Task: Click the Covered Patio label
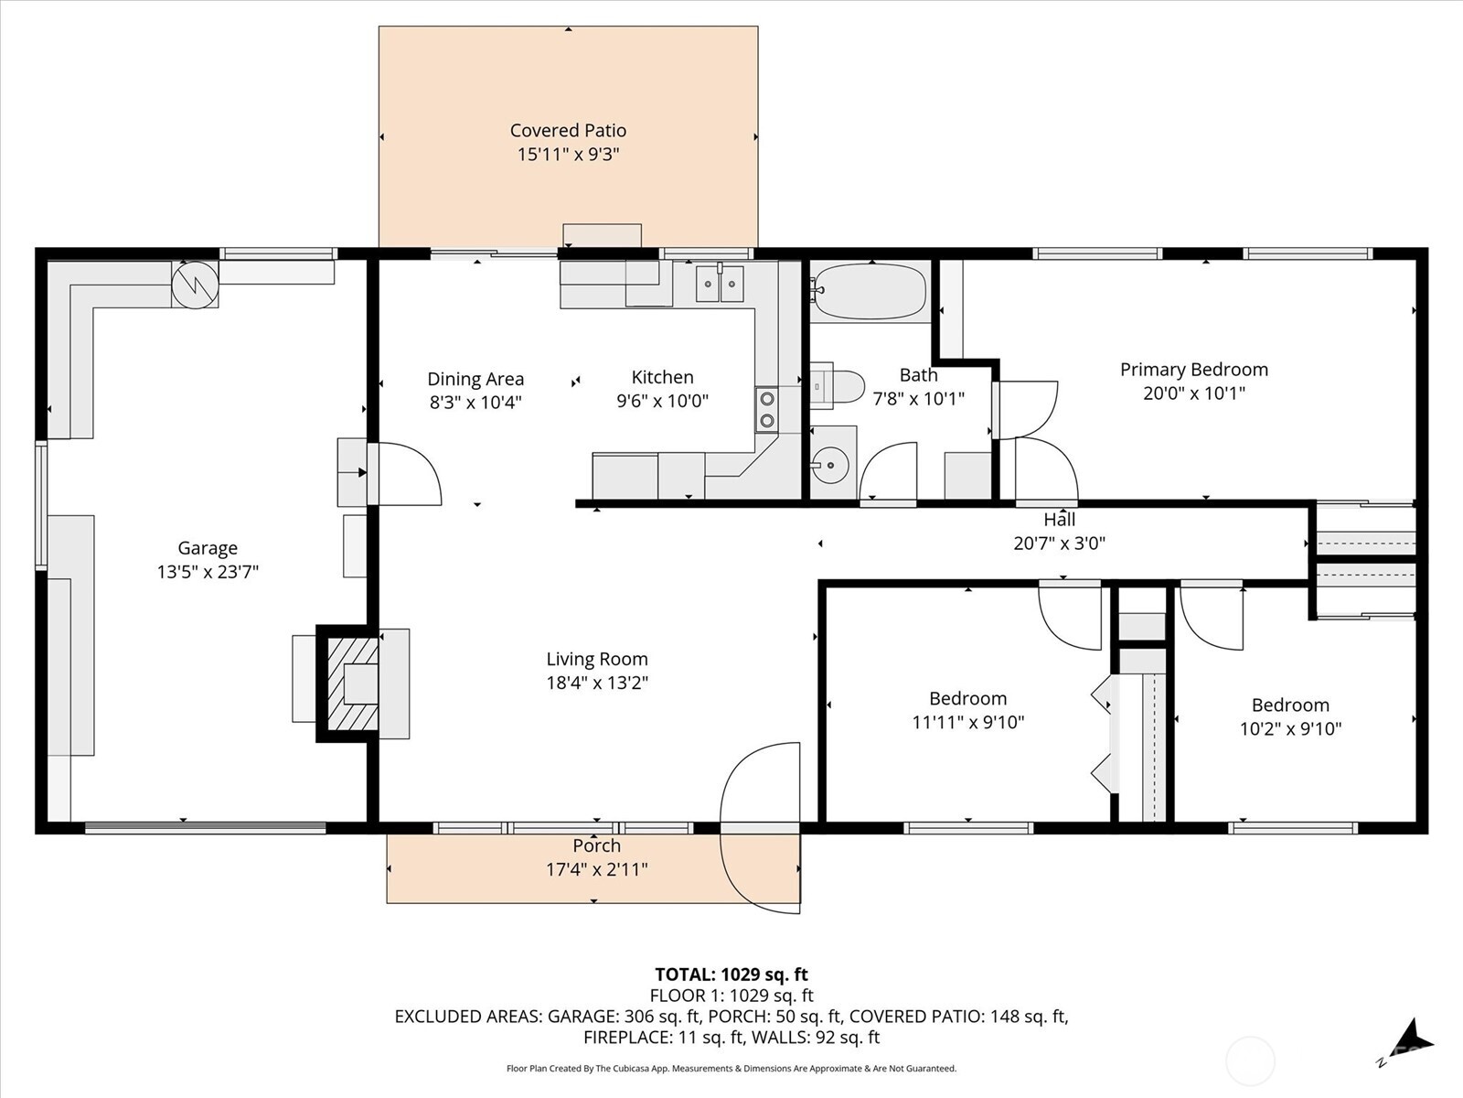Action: point(568,131)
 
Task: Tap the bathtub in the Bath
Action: point(869,291)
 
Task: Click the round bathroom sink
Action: point(831,466)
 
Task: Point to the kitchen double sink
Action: point(719,284)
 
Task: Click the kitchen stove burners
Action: point(766,409)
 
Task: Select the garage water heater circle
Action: point(195,285)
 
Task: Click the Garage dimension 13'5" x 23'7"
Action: point(208,572)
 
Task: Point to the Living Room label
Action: point(597,659)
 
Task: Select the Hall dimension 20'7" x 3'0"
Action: point(1059,543)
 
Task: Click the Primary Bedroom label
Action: point(1193,370)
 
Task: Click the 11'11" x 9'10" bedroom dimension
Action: point(967,722)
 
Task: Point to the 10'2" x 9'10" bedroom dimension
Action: point(1289,728)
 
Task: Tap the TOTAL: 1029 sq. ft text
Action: point(731,974)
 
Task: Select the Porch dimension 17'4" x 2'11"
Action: point(596,869)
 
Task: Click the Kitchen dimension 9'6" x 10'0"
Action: point(662,401)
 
